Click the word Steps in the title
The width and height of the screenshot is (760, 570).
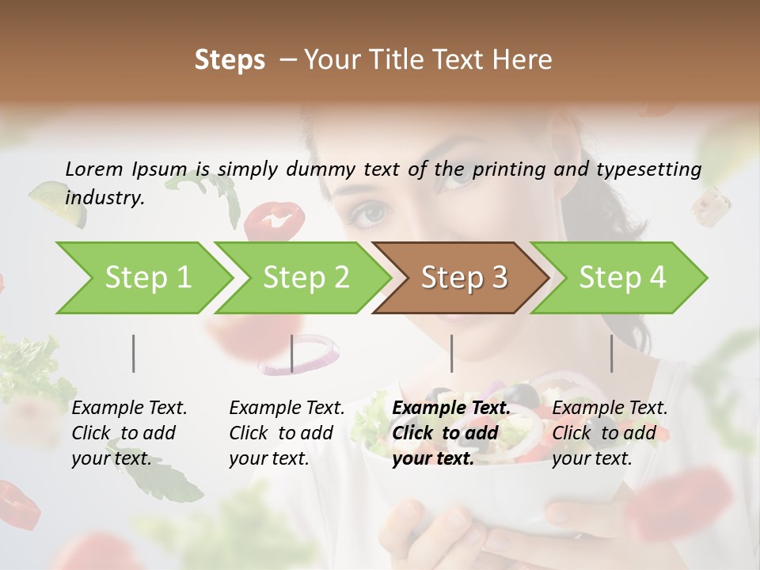(x=230, y=60)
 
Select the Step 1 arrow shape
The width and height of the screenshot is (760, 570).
(x=147, y=278)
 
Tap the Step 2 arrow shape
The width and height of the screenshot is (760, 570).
(x=306, y=278)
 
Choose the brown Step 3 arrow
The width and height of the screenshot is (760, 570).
(x=464, y=278)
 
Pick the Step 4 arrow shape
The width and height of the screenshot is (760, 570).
(x=622, y=278)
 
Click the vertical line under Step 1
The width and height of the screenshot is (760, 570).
(x=134, y=353)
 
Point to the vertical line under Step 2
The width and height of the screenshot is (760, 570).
(x=292, y=353)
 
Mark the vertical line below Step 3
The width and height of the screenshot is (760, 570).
(x=451, y=353)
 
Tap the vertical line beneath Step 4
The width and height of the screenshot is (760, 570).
(x=611, y=353)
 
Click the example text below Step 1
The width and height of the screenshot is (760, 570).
(x=129, y=433)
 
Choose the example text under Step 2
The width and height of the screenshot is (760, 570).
(x=287, y=433)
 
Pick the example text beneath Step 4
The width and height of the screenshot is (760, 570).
(x=610, y=433)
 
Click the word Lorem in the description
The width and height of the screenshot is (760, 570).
(x=94, y=169)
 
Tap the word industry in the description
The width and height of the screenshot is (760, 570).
(x=104, y=198)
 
